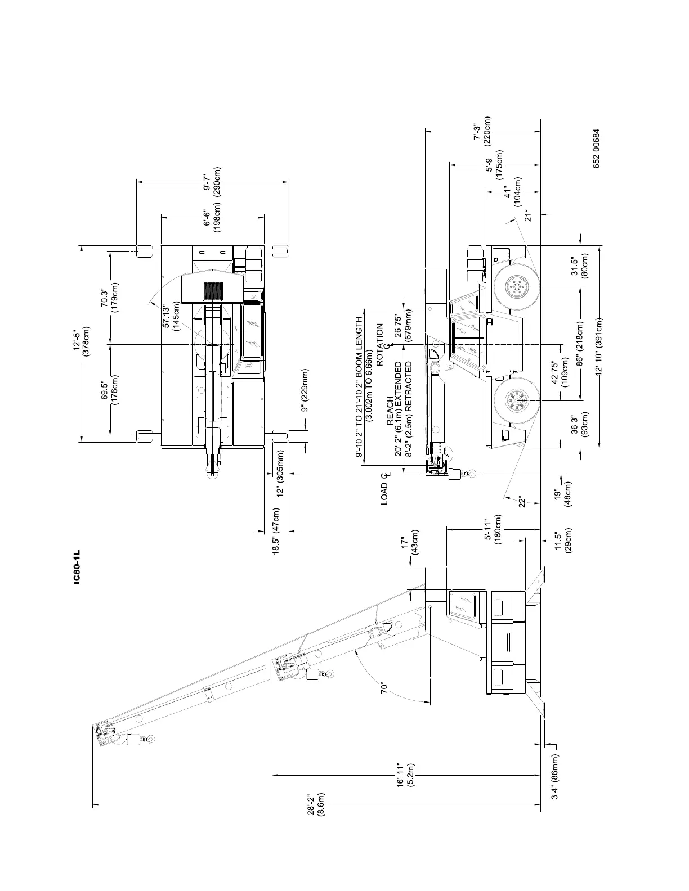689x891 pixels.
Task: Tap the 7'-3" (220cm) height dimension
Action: tap(483, 131)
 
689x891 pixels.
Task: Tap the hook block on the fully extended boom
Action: tap(133, 739)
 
